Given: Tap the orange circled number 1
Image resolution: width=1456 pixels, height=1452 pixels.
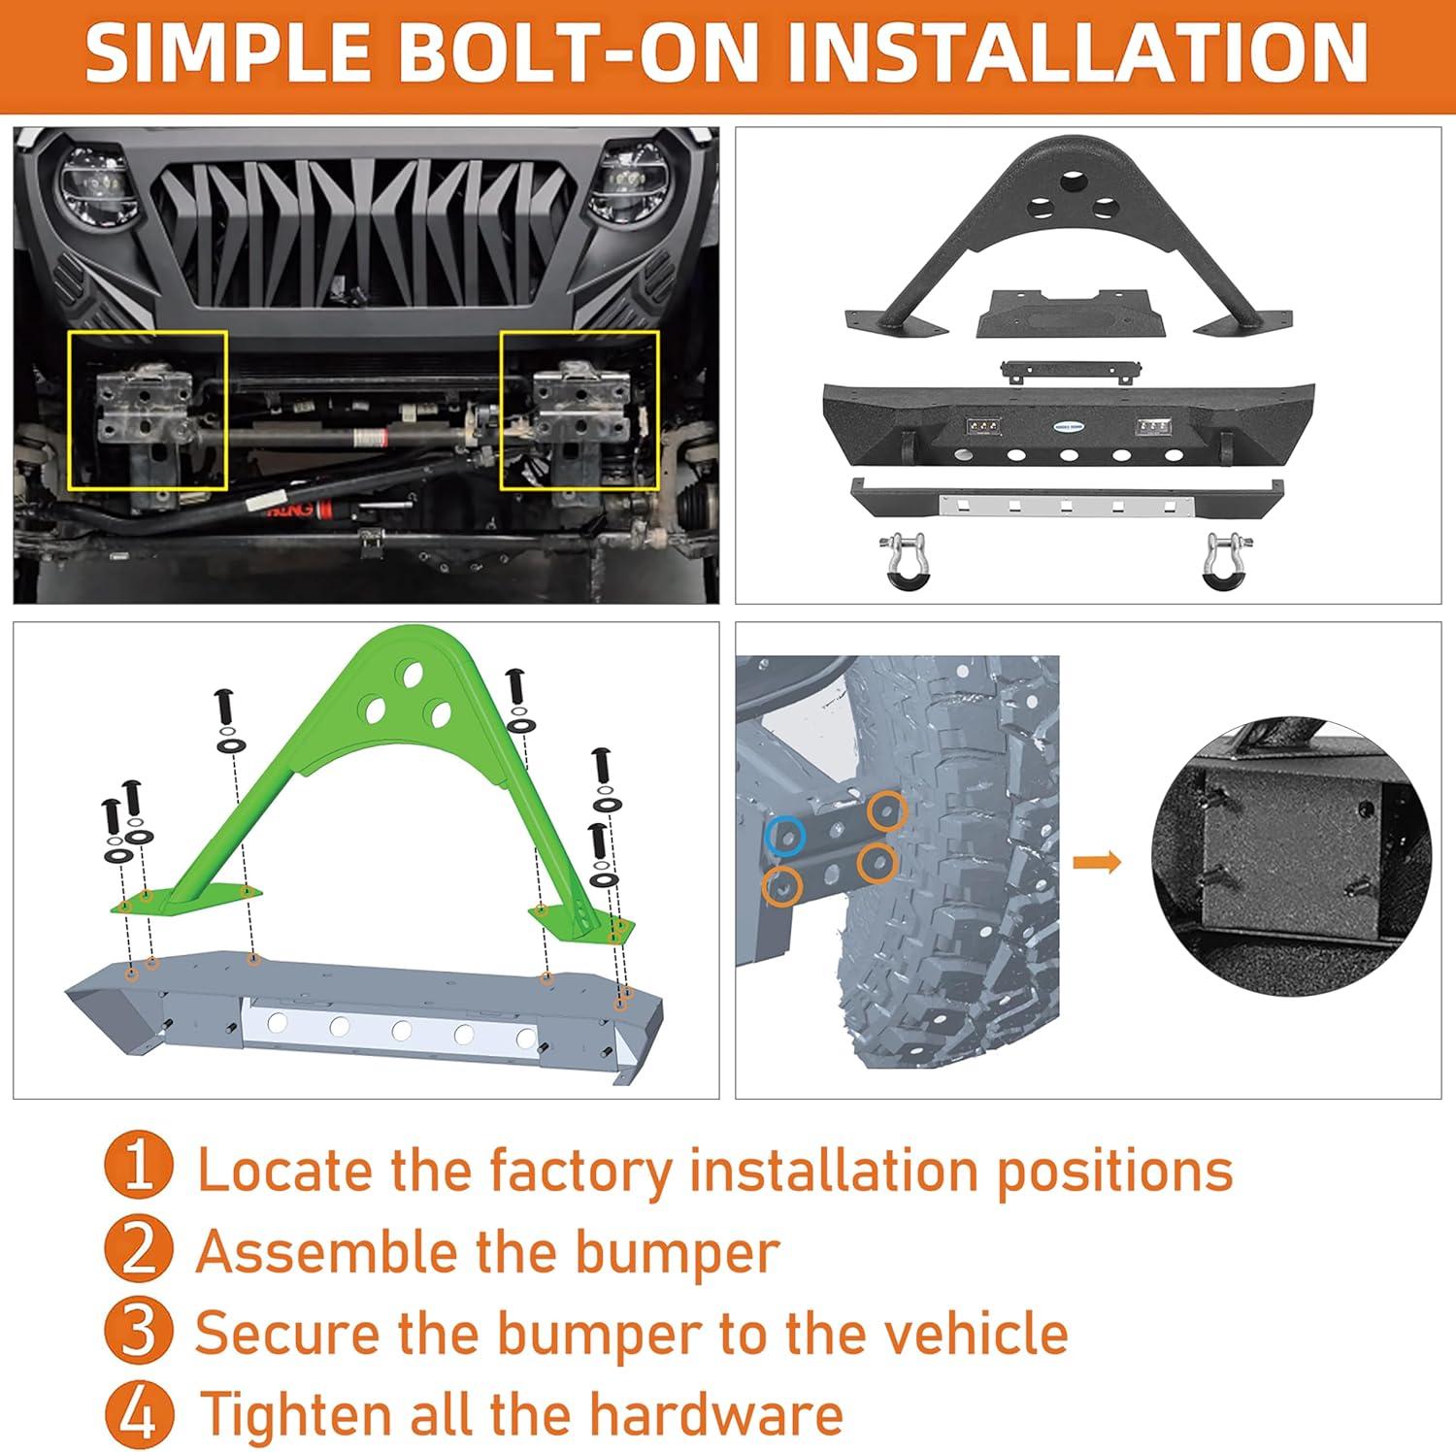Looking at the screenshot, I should click(140, 1168).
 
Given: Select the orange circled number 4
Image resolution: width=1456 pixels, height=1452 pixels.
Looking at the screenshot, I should click(140, 1412).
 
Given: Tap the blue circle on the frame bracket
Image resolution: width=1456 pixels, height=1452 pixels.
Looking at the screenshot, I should click(784, 834).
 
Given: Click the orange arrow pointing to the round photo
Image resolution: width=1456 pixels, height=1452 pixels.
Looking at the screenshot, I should click(1096, 862).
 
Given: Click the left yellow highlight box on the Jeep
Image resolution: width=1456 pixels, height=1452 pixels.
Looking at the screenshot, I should click(148, 410).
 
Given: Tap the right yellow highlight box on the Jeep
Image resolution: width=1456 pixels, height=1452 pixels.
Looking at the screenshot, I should click(579, 410).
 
